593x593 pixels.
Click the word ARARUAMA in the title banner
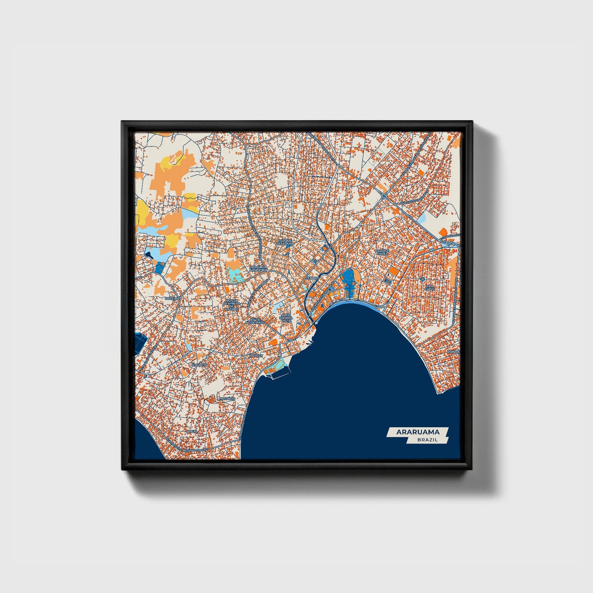(418, 432)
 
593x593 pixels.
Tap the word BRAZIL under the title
(427, 440)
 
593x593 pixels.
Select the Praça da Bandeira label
(258, 269)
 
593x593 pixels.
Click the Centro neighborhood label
(312, 278)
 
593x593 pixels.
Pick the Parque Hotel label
(382, 252)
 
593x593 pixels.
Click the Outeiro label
(172, 298)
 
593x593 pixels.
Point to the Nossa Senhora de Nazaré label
(232, 305)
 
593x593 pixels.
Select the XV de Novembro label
(255, 321)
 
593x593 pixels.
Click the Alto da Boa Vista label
(286, 317)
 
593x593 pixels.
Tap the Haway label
(256, 356)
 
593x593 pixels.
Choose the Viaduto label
(199, 364)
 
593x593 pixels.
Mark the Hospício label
(227, 398)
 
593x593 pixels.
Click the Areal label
(192, 431)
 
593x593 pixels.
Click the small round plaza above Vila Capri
(422, 279)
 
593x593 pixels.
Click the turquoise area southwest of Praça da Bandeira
(235, 275)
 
